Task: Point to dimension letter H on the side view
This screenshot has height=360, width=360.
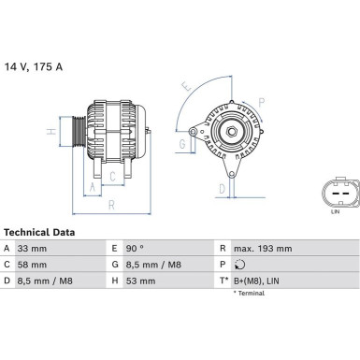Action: pyautogui.click(x=52, y=131)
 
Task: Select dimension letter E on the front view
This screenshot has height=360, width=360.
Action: pyautogui.click(x=188, y=86)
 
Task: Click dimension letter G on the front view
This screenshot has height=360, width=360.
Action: pyautogui.click(x=180, y=144)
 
